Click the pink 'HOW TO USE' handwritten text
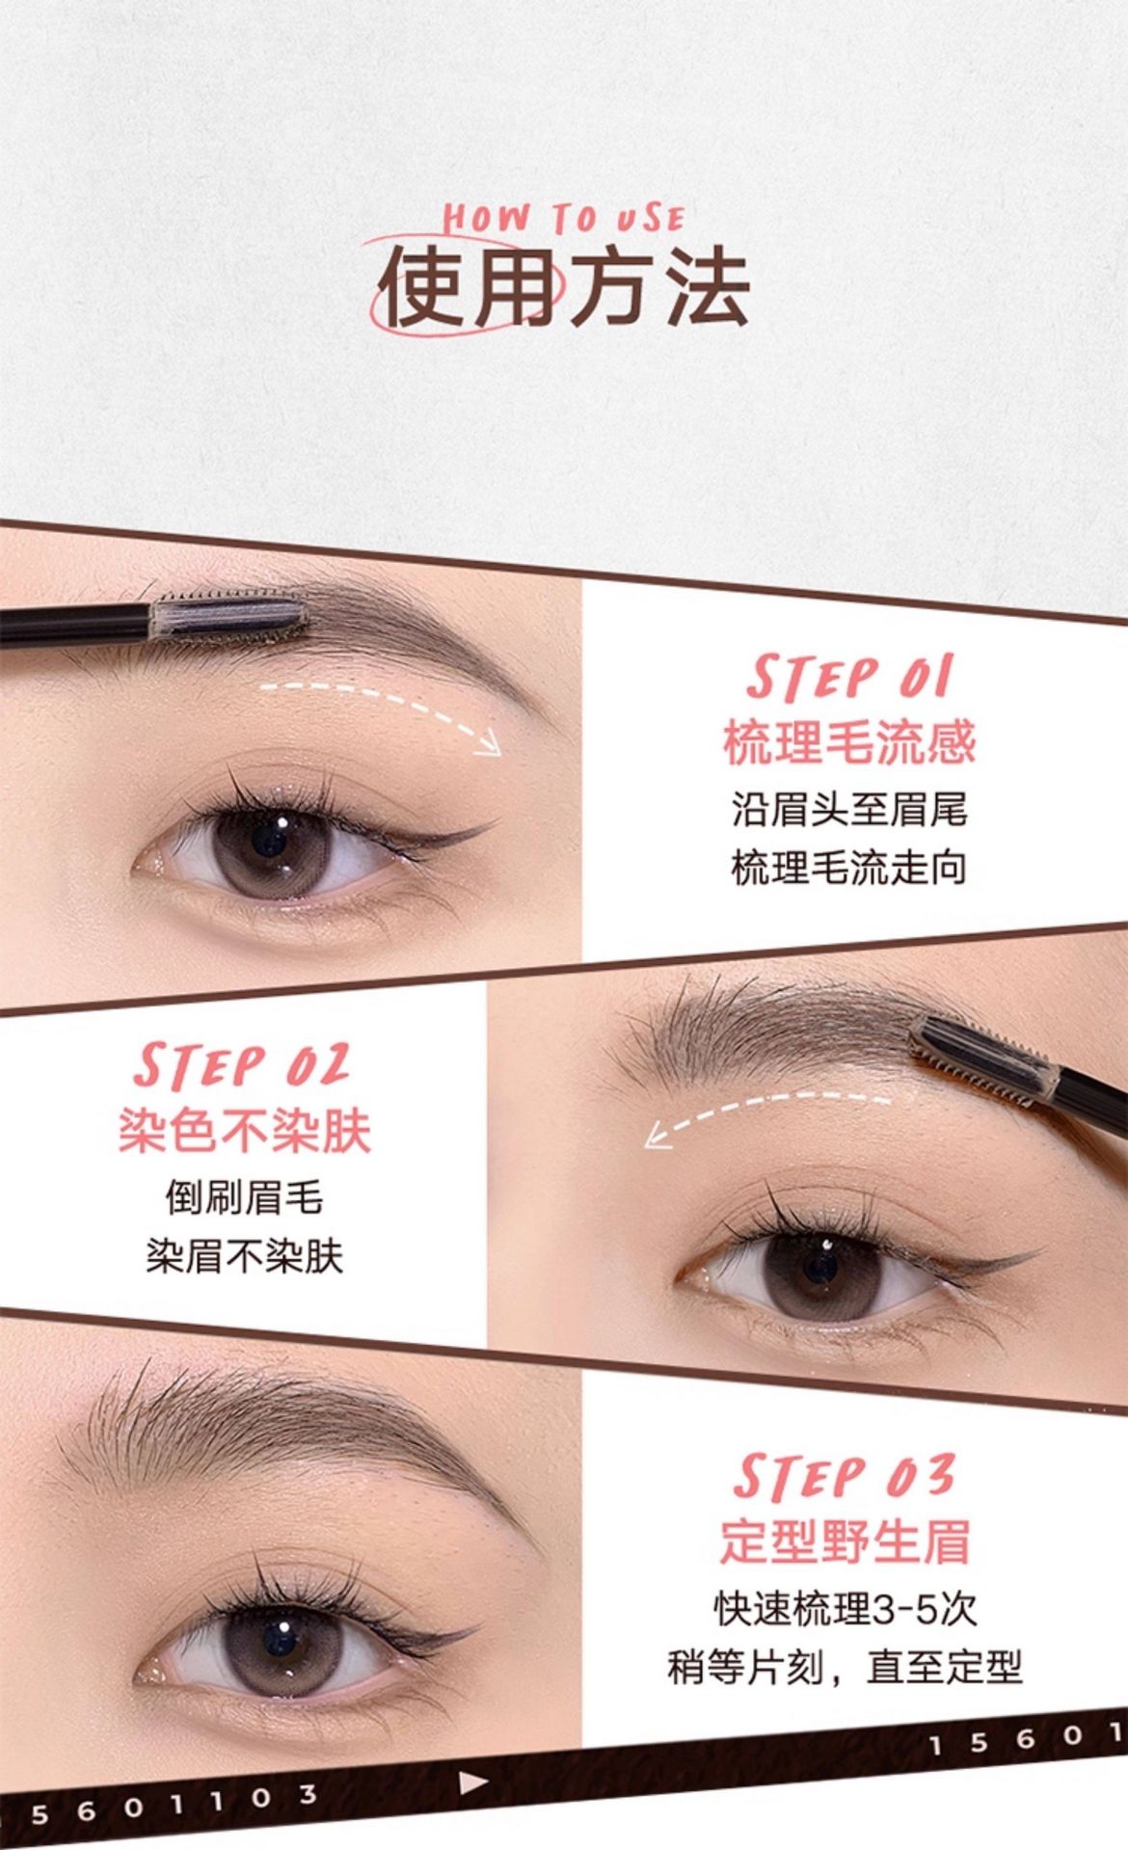coord(564,217)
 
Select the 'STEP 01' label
coord(849,677)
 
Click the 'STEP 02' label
coord(242,1066)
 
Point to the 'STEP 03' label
coord(844,1476)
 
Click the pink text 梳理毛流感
coord(849,742)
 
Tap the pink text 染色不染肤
coord(245,1130)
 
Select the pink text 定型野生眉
coord(845,1540)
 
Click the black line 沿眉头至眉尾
coord(849,808)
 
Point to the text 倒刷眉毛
coord(244,1197)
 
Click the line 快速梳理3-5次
coord(846,1608)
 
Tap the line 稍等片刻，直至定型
coord(845,1666)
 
